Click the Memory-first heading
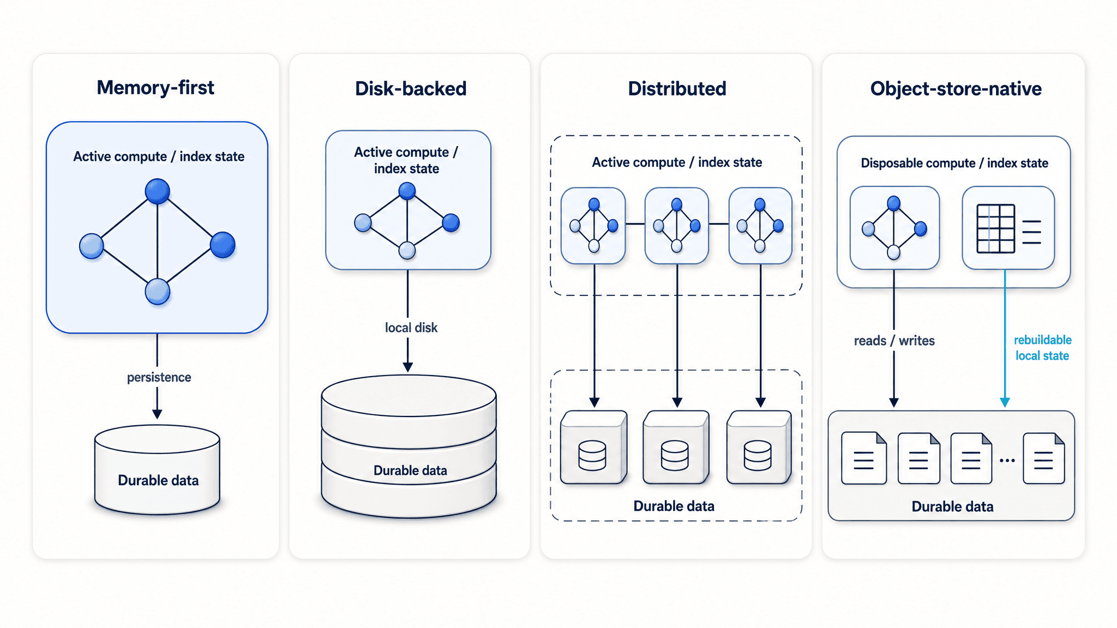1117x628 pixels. click(x=155, y=88)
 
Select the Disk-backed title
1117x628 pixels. click(x=411, y=89)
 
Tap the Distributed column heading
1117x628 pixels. click(x=677, y=89)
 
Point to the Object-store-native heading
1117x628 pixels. click(x=956, y=89)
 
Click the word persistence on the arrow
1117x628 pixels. click(x=159, y=377)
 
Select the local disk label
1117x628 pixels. click(x=411, y=328)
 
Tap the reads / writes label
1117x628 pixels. click(x=894, y=341)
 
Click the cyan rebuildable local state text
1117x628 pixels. click(x=1042, y=348)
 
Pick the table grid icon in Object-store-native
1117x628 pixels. click(x=995, y=228)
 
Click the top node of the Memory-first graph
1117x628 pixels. click(x=158, y=191)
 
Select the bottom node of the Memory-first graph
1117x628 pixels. click(x=158, y=292)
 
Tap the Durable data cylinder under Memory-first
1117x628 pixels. click(x=157, y=470)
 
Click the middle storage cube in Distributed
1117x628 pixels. click(x=676, y=448)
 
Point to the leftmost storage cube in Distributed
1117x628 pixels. click(x=593, y=448)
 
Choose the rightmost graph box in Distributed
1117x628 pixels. click(x=760, y=226)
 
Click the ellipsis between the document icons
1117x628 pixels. click(x=1007, y=461)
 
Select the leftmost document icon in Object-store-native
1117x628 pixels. click(x=864, y=458)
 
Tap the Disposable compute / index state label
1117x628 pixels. click(x=954, y=163)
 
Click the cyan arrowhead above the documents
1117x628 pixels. click(x=1005, y=402)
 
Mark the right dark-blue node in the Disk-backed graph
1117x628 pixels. click(x=451, y=222)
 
